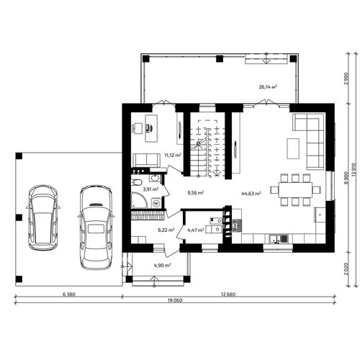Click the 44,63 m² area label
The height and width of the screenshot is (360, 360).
(x=251, y=194)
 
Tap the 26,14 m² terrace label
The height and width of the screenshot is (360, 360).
(x=268, y=87)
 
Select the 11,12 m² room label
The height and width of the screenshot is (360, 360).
(x=173, y=155)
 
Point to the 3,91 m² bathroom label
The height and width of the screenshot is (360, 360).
(x=150, y=189)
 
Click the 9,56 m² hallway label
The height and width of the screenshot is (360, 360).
(x=196, y=192)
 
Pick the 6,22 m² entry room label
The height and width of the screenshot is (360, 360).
(x=166, y=230)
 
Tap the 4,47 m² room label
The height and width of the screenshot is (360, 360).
(x=196, y=230)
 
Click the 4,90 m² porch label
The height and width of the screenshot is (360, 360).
(x=162, y=266)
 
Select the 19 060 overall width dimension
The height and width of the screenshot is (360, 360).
(x=174, y=300)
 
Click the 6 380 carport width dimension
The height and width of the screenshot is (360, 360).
(x=69, y=294)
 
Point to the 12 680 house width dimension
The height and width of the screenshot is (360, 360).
(x=228, y=294)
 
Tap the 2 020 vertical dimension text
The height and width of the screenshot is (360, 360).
(x=346, y=269)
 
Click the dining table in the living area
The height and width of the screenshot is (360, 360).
(x=295, y=190)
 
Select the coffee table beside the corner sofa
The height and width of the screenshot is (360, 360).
(x=293, y=148)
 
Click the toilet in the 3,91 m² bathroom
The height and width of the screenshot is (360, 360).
(x=137, y=183)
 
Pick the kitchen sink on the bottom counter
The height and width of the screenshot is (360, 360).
(x=278, y=238)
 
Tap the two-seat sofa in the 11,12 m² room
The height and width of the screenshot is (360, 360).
(x=147, y=161)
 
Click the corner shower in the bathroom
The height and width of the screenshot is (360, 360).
(x=138, y=199)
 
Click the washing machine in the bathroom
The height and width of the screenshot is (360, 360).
(x=157, y=203)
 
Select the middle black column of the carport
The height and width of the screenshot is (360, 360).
(x=19, y=217)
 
